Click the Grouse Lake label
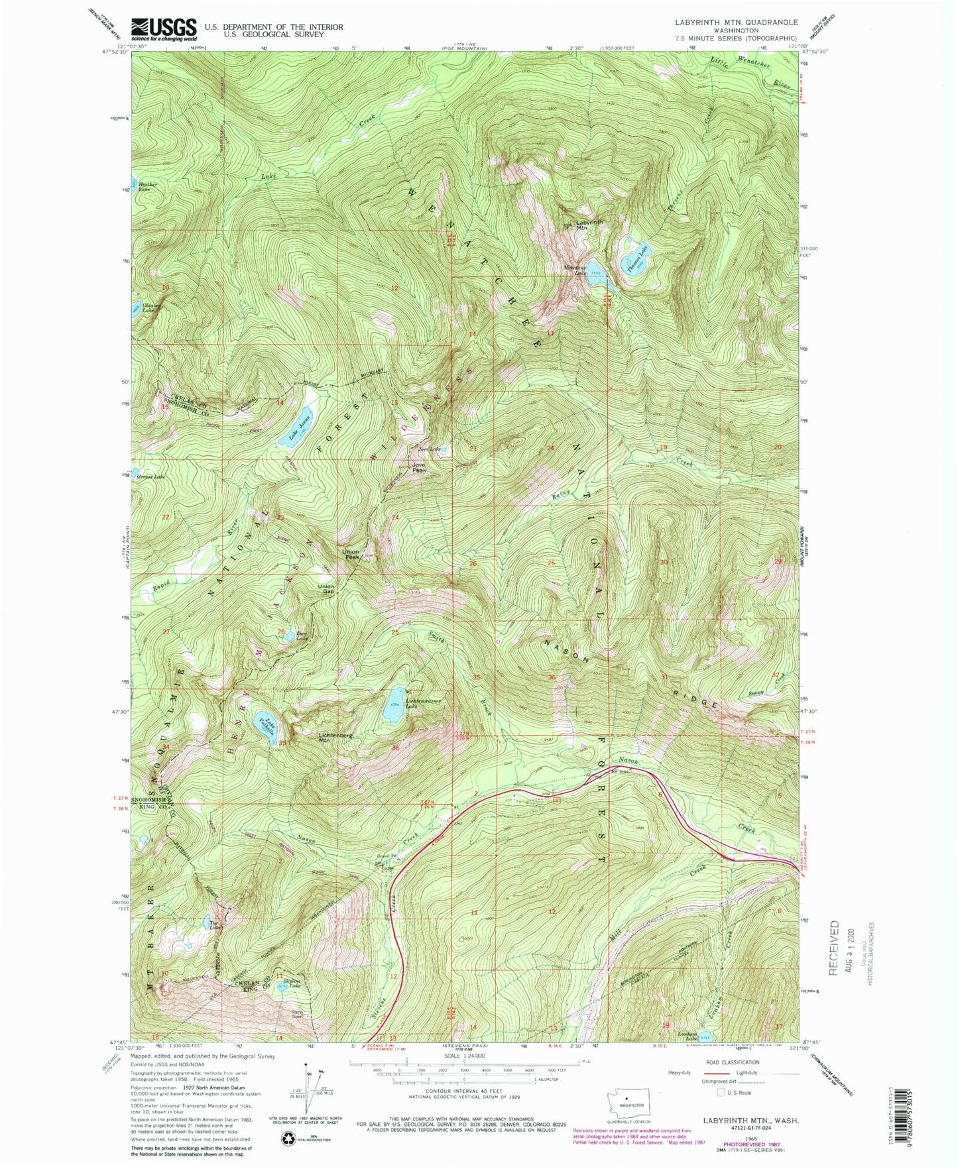[150, 476]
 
